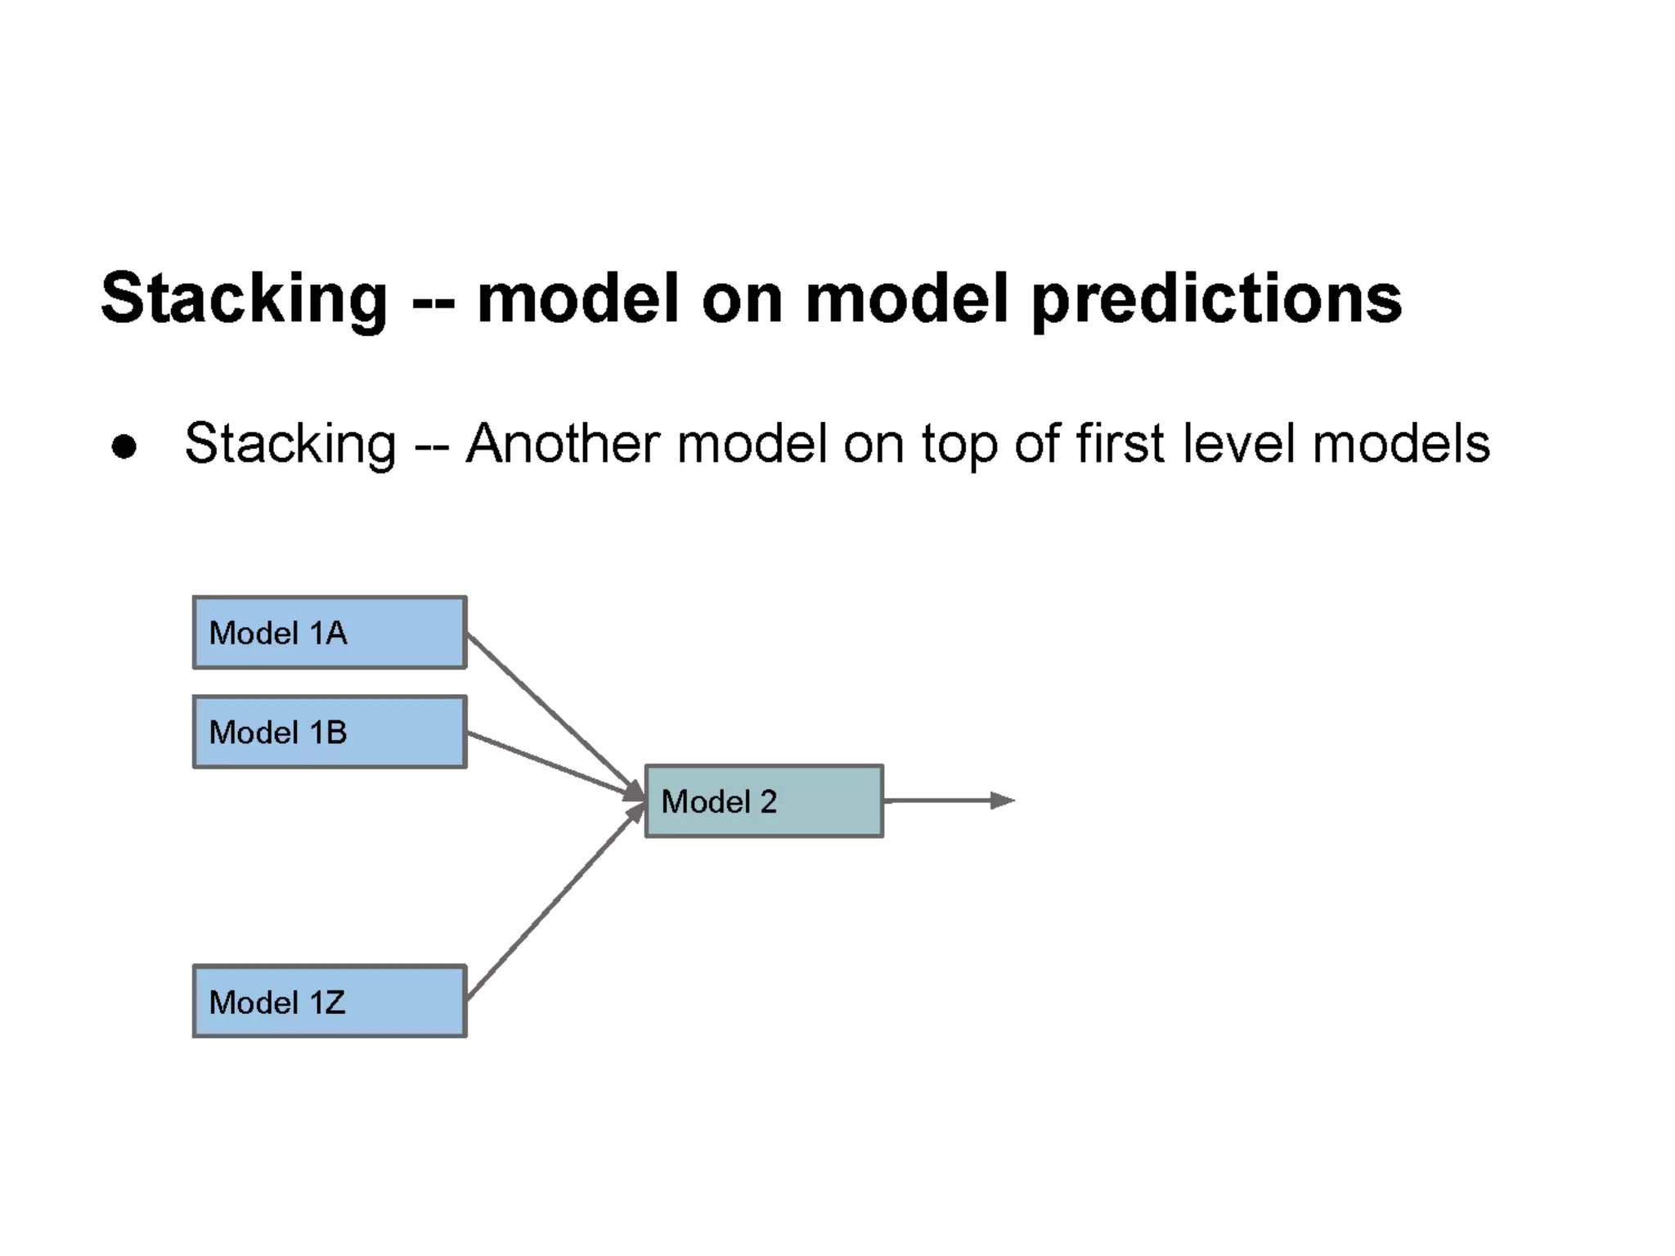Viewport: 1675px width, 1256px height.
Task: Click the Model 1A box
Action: click(x=330, y=633)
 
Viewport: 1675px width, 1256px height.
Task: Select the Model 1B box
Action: click(x=330, y=732)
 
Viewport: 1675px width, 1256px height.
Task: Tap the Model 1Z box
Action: click(x=330, y=1002)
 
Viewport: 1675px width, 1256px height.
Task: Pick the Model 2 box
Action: click(x=764, y=801)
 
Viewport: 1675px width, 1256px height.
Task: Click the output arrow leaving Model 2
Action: click(x=941, y=801)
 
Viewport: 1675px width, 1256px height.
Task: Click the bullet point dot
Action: click(x=124, y=446)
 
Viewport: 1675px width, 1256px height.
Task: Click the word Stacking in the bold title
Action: click(x=244, y=299)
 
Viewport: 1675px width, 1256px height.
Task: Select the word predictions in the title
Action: click(x=1216, y=299)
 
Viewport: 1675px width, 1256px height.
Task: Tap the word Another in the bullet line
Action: click(x=563, y=444)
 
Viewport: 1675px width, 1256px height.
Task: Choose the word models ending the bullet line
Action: click(x=1401, y=444)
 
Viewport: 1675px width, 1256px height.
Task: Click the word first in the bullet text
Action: click(x=1120, y=444)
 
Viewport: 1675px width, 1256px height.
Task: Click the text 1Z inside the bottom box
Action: click(x=327, y=1003)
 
